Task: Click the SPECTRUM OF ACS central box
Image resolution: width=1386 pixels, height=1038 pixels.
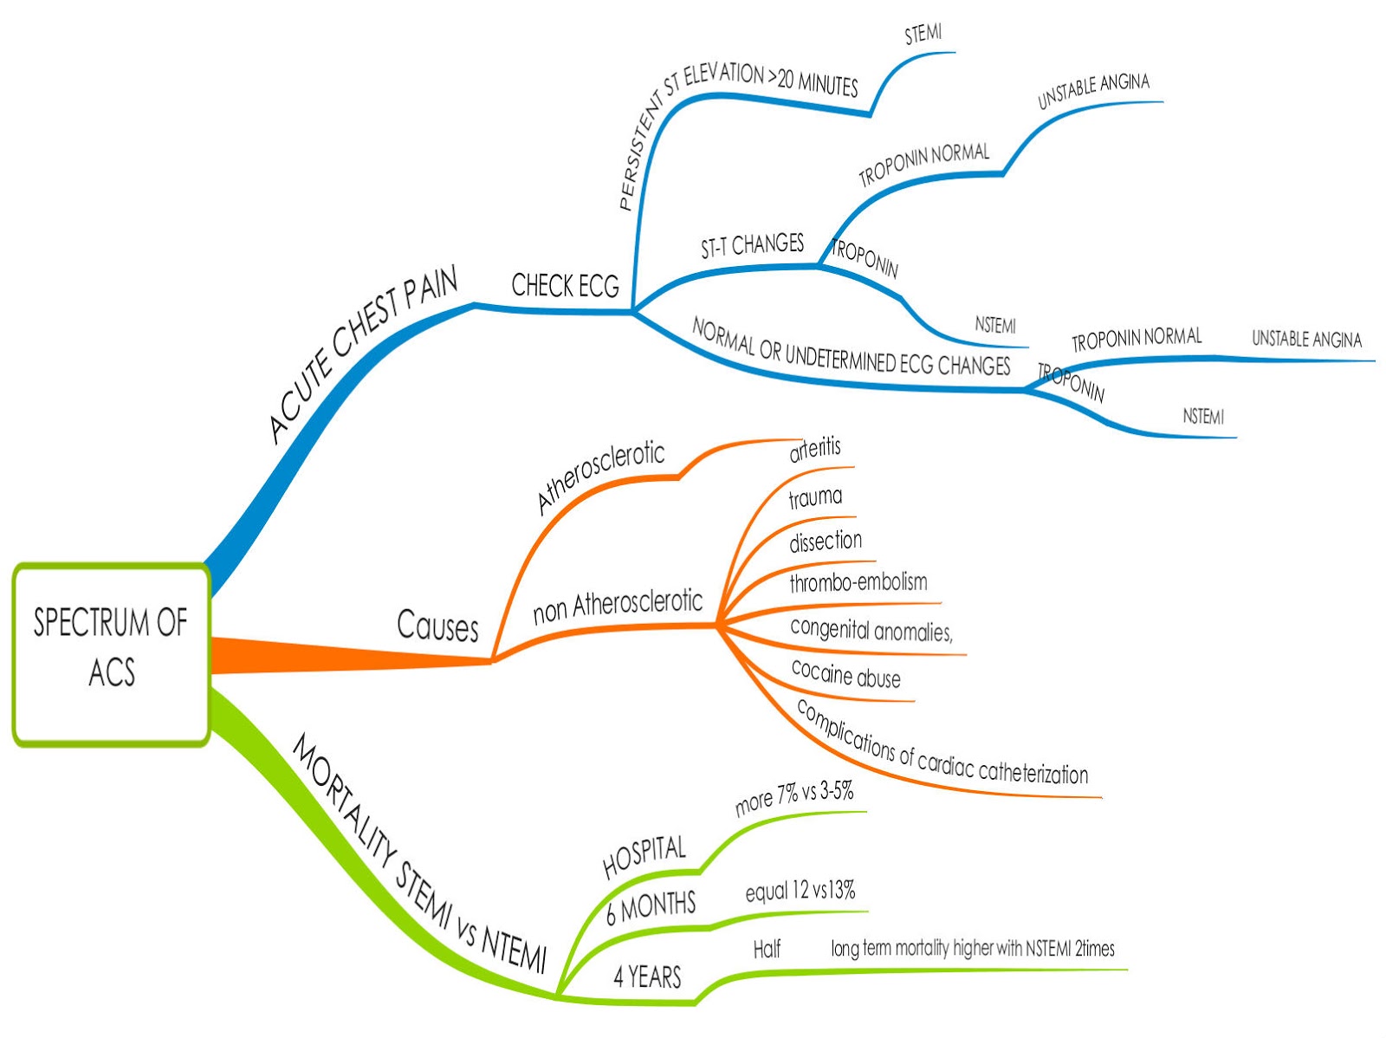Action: (111, 653)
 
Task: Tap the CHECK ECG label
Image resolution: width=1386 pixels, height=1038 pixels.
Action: (565, 285)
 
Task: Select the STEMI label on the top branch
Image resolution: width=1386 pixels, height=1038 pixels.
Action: (923, 34)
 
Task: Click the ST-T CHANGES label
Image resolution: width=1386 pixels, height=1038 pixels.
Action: (752, 245)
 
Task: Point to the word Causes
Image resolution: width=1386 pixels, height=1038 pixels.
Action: (437, 626)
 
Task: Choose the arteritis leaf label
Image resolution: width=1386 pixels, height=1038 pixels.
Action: (814, 449)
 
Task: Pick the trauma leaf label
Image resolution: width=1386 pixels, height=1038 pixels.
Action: (815, 497)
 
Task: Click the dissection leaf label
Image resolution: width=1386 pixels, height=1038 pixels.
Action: (826, 542)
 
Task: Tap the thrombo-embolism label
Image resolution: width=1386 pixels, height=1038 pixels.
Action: (858, 582)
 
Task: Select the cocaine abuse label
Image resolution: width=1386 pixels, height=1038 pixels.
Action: (845, 674)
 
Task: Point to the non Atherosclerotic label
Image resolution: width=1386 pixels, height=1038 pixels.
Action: (617, 606)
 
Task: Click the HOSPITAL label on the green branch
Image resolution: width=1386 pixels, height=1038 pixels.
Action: (644, 855)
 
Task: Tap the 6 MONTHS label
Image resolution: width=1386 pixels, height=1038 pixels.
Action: (651, 907)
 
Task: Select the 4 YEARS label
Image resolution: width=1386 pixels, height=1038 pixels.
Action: (647, 976)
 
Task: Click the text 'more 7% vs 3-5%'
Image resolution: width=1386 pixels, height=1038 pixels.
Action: (793, 797)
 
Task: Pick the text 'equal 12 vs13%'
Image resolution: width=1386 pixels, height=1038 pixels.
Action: (800, 891)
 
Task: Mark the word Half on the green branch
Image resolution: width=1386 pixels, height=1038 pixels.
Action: (767, 949)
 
